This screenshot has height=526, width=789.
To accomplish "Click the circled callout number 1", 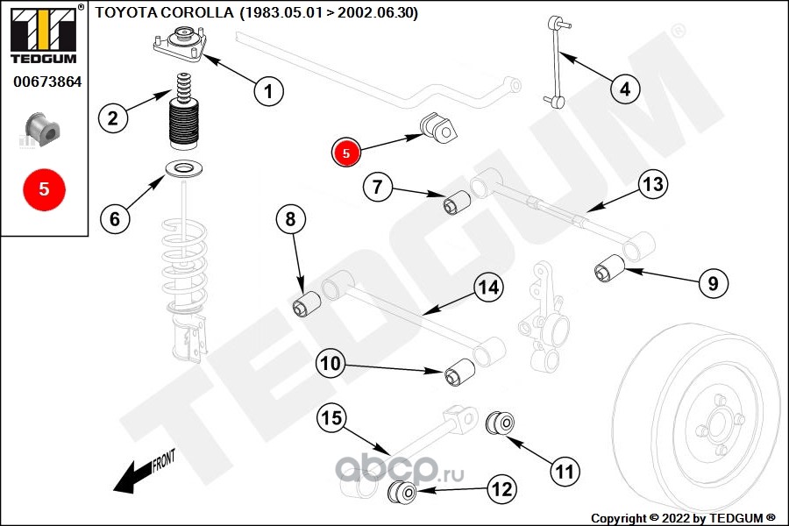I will (x=269, y=90).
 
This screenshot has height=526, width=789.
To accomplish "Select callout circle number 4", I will (x=625, y=89).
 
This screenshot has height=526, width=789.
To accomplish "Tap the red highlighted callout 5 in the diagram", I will (x=345, y=153).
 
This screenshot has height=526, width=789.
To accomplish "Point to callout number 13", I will (x=652, y=184).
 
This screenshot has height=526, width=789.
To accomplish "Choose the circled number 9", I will (x=713, y=283).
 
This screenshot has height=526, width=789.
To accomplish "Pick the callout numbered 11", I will (x=565, y=472).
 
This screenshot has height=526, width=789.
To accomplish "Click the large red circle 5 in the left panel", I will (x=44, y=188).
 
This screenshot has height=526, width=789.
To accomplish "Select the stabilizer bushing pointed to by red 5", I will (x=439, y=128).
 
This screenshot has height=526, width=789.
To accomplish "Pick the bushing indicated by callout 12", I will (x=403, y=492).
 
